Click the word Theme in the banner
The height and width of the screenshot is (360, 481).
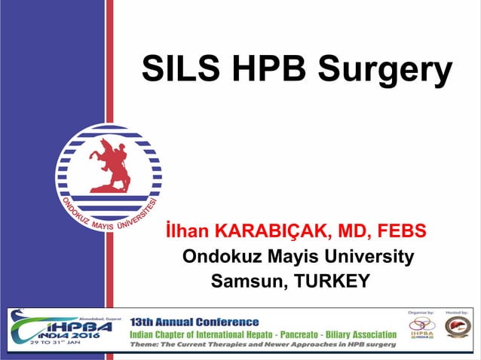pos(146,345)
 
